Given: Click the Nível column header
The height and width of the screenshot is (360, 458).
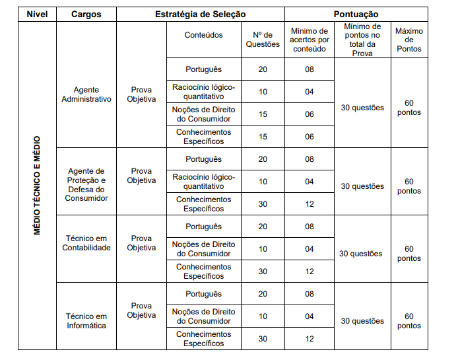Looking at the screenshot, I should click(x=37, y=14).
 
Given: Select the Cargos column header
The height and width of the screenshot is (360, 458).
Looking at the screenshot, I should click(x=86, y=14).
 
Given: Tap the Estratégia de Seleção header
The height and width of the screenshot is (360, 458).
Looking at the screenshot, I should click(x=200, y=14).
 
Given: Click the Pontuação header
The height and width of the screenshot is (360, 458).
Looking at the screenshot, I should click(x=356, y=14).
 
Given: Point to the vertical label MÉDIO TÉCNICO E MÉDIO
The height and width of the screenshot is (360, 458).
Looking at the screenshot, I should click(x=37, y=186).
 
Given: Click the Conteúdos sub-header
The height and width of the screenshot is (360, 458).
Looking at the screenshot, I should click(x=203, y=35).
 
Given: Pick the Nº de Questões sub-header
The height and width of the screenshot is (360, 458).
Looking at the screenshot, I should click(x=263, y=40).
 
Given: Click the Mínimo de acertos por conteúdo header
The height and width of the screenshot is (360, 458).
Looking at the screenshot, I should click(x=310, y=40).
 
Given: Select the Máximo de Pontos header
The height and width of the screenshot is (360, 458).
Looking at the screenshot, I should click(x=409, y=40).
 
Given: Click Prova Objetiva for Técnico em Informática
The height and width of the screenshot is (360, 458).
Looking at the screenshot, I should click(x=141, y=310).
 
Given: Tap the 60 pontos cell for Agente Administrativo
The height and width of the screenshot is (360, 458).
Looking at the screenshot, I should click(x=409, y=108).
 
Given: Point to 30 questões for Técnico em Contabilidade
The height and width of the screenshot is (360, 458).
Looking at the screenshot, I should click(x=360, y=254).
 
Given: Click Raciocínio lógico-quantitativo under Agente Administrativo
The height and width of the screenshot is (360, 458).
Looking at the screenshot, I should click(x=203, y=91).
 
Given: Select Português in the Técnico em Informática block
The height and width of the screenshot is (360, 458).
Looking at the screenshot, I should click(x=203, y=294).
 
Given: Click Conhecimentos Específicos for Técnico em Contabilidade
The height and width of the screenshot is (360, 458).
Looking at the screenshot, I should click(x=203, y=271).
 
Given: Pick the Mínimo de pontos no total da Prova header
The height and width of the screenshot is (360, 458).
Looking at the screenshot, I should click(x=362, y=40).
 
